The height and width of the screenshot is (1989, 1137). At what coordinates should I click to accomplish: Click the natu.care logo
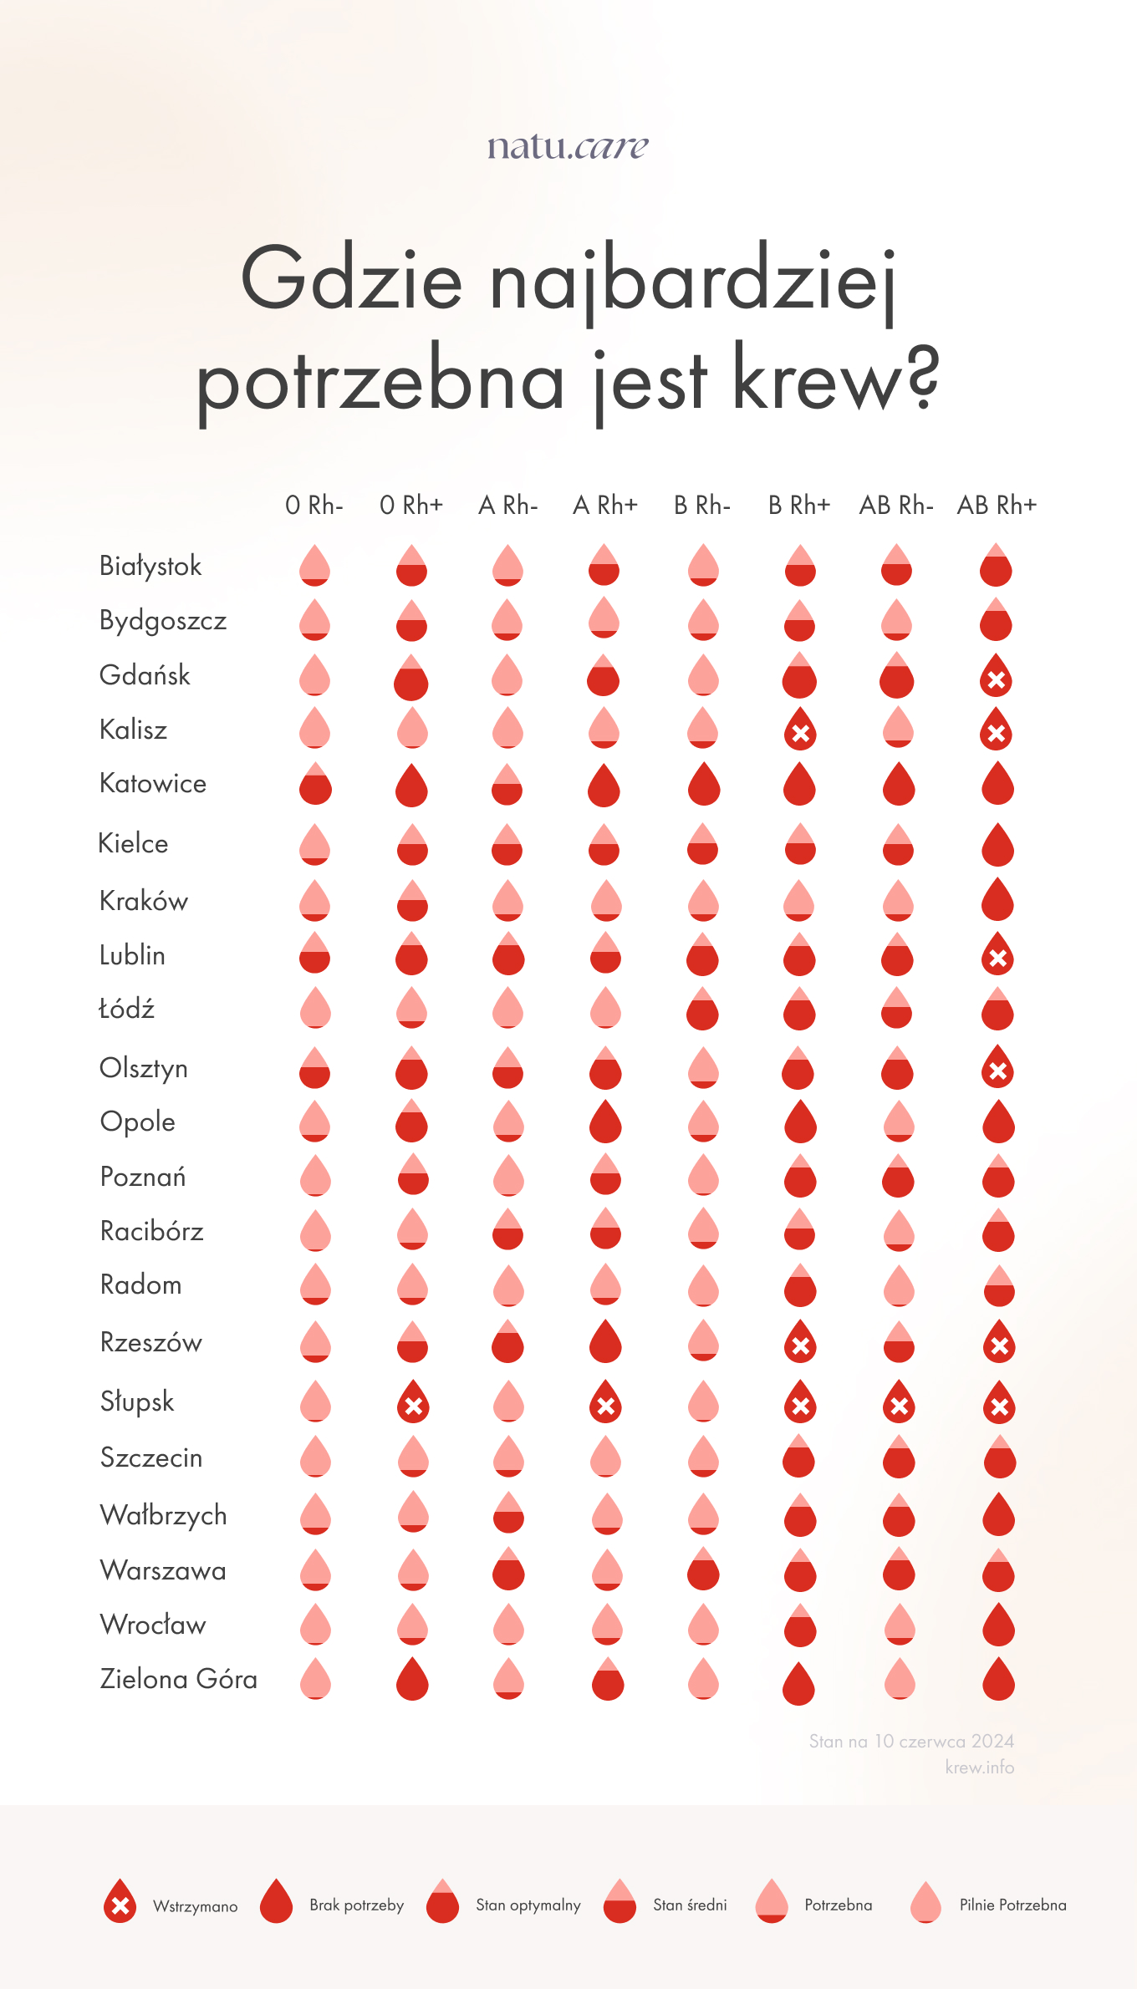[x=568, y=146]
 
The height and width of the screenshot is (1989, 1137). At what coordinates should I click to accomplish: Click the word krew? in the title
[x=836, y=381]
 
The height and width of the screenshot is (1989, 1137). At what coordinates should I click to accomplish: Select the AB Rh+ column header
[x=997, y=506]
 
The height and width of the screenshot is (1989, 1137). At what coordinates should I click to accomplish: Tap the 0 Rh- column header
[x=314, y=506]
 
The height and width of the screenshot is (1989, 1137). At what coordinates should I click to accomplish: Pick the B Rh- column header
[x=702, y=506]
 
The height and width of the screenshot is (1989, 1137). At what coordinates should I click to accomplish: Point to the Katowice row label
[x=153, y=784]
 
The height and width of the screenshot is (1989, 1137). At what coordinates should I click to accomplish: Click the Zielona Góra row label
[x=179, y=1679]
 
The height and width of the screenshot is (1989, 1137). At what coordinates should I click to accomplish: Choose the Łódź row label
[x=127, y=1009]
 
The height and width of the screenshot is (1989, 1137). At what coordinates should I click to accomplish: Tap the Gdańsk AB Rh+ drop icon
[x=996, y=676]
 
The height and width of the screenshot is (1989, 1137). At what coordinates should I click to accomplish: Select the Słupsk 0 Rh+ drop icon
[x=413, y=1402]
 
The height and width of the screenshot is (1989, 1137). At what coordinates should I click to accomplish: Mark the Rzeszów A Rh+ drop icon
[x=605, y=1341]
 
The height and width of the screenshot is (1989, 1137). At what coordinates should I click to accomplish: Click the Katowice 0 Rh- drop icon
[x=315, y=784]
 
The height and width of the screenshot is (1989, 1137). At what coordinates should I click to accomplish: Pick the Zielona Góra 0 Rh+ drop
[x=412, y=1678]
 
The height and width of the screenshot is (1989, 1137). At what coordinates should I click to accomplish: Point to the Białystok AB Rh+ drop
[x=996, y=566]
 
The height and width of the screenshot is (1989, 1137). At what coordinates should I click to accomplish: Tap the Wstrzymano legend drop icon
[x=120, y=1902]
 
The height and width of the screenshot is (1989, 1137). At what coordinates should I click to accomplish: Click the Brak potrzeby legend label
[x=357, y=1905]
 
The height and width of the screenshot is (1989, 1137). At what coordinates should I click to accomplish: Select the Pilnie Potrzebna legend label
[x=1012, y=1905]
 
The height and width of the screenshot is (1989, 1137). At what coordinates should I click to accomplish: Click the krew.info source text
[x=979, y=1768]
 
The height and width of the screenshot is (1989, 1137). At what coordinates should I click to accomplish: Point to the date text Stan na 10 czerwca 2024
[x=911, y=1742]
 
